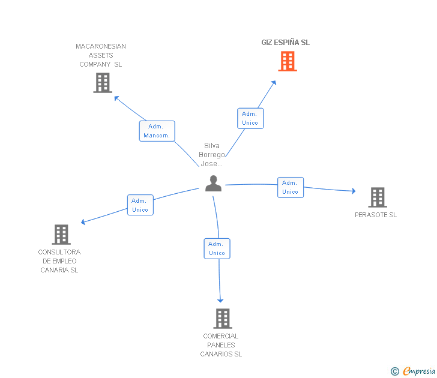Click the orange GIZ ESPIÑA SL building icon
[288, 61]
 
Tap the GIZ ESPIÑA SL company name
[285, 43]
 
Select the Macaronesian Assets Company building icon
[103, 83]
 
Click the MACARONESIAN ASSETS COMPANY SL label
[101, 55]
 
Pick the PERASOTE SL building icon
[377, 197]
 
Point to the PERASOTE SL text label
[376, 215]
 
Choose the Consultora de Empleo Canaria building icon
[61, 234]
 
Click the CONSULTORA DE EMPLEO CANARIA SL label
[59, 261]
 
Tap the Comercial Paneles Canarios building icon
[222, 318]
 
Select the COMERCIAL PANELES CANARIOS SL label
[221, 345]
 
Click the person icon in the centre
[213, 184]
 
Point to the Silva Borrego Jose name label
[212, 154]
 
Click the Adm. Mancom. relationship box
[157, 131]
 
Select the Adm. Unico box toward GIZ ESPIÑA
[250, 118]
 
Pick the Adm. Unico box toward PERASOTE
[290, 187]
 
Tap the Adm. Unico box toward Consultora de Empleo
[140, 205]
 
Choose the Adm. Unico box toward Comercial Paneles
[217, 248]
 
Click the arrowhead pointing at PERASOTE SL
[353, 191]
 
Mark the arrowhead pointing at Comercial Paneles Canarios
[220, 300]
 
